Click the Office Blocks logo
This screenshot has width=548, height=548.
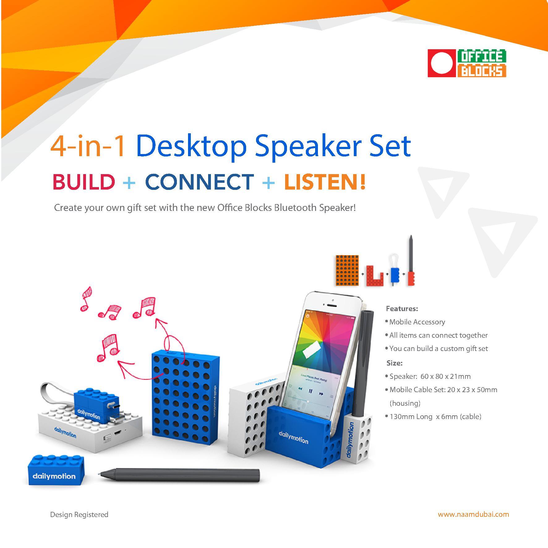coord(467,63)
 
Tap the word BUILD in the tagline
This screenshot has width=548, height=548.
coord(83,182)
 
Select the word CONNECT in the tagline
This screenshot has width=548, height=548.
coord(199,182)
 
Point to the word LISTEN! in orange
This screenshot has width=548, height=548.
coord(325,182)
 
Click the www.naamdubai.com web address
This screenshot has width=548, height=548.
coord(473,514)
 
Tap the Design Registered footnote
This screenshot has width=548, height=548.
coord(79,515)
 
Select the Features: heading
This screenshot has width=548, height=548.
coord(402,308)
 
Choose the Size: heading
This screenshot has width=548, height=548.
coord(395,363)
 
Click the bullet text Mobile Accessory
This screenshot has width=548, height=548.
coord(417,322)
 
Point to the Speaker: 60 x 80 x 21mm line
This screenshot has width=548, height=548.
coord(430,376)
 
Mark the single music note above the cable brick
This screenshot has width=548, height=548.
coord(108,348)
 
